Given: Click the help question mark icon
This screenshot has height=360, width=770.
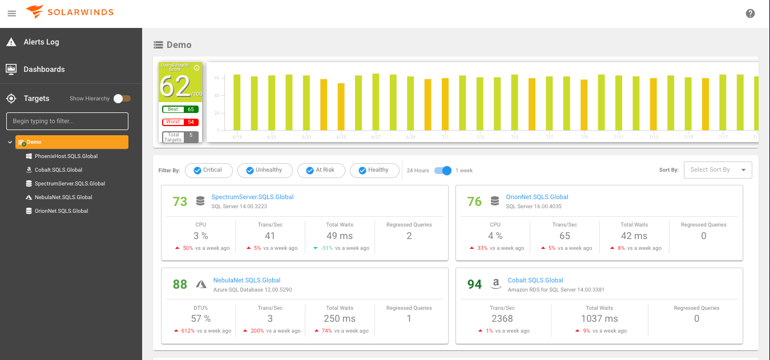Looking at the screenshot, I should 750,14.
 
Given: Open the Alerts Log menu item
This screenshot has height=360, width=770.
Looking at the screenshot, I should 41,42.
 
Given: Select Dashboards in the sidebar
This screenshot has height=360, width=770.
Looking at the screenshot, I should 44,70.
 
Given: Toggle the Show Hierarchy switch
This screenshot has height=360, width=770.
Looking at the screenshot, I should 122,99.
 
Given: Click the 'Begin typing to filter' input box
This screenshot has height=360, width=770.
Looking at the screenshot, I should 67,122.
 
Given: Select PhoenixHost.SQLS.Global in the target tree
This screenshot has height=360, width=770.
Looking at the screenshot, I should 66,156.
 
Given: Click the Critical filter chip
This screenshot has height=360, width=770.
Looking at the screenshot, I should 208,170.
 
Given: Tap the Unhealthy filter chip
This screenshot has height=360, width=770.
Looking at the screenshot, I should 264,170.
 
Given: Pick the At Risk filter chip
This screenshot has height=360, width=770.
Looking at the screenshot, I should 320,170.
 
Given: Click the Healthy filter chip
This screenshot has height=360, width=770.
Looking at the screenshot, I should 374,170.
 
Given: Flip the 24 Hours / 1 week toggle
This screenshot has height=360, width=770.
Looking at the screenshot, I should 442,171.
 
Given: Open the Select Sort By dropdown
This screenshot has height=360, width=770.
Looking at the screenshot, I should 717,170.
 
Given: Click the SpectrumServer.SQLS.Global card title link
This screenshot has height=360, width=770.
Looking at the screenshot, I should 252,197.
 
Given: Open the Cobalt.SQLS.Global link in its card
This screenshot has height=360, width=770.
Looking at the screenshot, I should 535,281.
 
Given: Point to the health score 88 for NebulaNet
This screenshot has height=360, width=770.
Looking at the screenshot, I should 180,284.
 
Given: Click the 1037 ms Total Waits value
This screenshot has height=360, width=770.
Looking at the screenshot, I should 599,319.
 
